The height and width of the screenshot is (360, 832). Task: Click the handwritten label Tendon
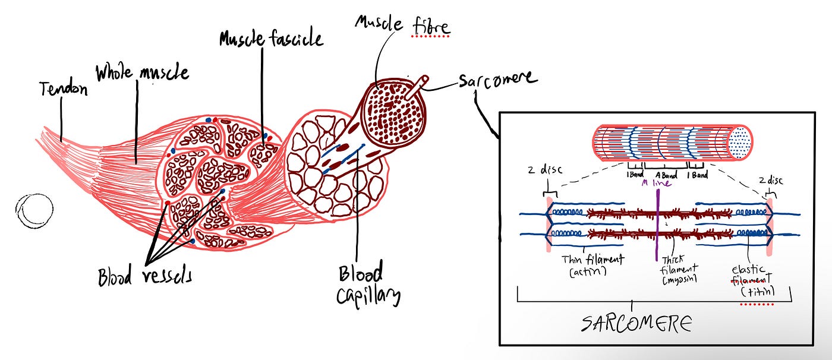point(64,90)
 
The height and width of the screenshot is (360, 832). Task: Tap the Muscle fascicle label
point(271,39)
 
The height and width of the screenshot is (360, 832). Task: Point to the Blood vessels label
point(145,276)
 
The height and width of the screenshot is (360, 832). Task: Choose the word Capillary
point(368,295)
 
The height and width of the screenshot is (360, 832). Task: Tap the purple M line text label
point(656,183)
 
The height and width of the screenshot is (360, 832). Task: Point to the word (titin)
point(757,292)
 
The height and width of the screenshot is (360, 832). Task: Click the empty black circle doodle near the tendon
point(34,210)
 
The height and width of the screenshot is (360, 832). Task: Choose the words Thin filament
point(592,259)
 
